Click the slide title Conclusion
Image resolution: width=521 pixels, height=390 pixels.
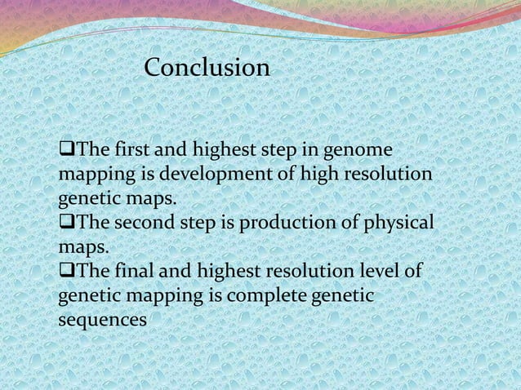tap(207, 68)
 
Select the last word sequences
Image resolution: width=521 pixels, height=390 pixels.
tap(102, 320)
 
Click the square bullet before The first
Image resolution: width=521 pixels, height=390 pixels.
tap(65, 153)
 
